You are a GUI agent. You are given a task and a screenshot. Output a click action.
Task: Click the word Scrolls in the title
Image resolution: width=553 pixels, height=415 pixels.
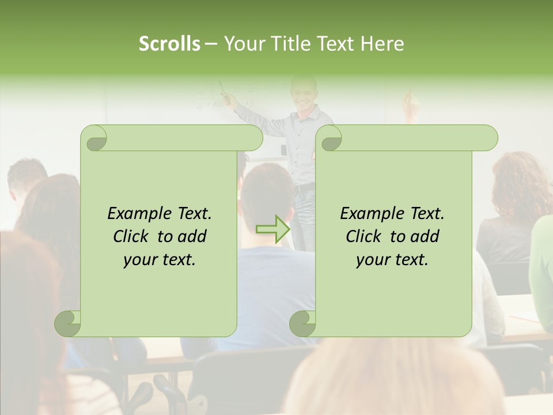click(x=169, y=44)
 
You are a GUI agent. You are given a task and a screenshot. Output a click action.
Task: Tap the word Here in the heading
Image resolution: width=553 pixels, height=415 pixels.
click(x=382, y=44)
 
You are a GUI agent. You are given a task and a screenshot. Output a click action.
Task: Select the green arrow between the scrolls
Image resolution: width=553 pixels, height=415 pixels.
click(x=274, y=229)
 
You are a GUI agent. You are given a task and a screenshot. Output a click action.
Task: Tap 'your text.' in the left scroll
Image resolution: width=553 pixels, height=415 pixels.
click(x=160, y=260)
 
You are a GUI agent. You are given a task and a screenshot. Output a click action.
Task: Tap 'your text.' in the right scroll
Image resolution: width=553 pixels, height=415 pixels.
click(x=392, y=260)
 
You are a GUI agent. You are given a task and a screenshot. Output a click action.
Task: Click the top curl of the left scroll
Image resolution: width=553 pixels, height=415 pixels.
click(x=94, y=138)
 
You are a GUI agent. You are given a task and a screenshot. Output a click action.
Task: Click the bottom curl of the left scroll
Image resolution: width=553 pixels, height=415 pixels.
click(x=68, y=323)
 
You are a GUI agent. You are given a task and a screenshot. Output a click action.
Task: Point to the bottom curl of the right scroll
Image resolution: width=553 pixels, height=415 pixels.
click(x=302, y=323)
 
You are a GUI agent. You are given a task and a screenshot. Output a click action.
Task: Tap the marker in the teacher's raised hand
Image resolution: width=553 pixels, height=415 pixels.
click(x=224, y=89)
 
